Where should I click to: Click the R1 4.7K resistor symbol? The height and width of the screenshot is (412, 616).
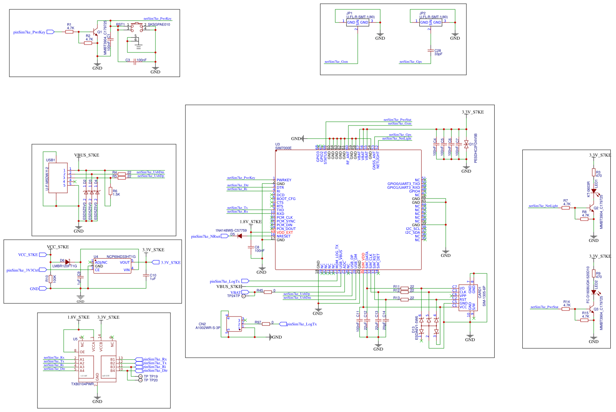pos(69,32)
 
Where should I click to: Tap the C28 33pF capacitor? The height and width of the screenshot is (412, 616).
pos(431,51)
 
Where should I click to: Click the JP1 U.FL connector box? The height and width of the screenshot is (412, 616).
pos(357,22)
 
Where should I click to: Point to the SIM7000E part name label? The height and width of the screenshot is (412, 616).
pos(283,148)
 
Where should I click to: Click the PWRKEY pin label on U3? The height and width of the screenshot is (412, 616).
pos(284,180)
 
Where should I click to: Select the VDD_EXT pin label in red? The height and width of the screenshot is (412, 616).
pos(285,233)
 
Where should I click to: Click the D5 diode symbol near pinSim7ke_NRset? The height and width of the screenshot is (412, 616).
pos(240,236)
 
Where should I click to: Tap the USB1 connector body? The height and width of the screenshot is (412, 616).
pos(58,178)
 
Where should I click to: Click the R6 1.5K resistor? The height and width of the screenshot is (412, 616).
pos(110,191)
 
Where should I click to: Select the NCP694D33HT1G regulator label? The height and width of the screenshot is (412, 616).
pos(121,257)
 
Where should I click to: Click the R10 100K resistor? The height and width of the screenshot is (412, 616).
pos(50,279)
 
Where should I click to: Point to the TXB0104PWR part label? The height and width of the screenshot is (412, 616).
pos(82,384)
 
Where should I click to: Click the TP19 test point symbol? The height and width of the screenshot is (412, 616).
pos(141,376)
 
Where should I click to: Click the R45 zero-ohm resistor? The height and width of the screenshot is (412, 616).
pos(267,292)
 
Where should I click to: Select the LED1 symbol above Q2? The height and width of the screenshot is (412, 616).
pos(594,191)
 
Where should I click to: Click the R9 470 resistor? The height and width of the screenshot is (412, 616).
pos(594,275)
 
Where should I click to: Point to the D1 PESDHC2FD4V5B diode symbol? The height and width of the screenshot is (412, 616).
pos(466,144)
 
